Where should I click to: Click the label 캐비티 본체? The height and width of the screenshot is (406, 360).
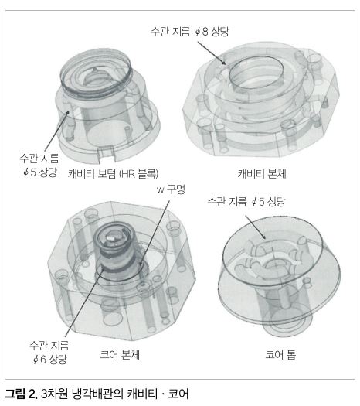click(262, 174)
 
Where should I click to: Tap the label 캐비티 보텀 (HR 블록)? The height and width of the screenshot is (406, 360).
click(114, 173)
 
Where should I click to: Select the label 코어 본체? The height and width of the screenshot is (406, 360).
click(120, 354)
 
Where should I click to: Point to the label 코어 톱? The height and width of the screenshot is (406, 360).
click(280, 354)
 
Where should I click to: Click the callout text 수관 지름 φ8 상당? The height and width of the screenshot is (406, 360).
click(190, 32)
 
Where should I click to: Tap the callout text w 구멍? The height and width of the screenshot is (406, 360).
click(171, 189)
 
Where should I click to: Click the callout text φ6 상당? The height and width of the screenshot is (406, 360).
click(50, 359)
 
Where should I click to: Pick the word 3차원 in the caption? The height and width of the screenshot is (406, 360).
click(54, 394)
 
